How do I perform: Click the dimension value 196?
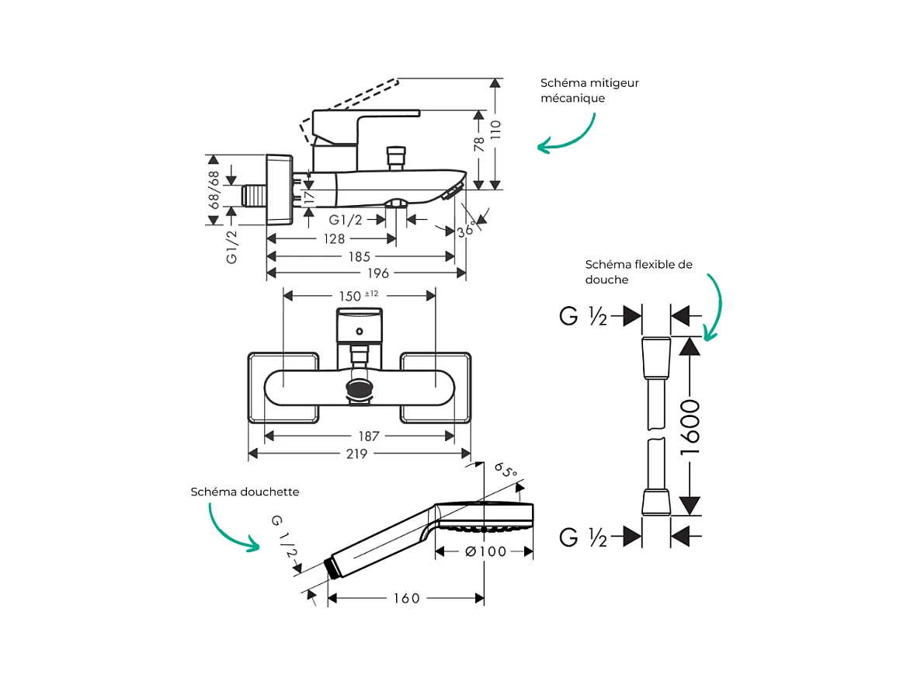(379, 273)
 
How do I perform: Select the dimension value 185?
(359, 256)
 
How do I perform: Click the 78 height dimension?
(479, 144)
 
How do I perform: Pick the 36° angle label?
(466, 229)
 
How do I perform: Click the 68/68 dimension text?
(214, 187)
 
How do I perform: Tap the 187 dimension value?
(358, 436)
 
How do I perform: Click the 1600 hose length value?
(690, 426)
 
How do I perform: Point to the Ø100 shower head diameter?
(485, 551)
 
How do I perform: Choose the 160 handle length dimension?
(405, 598)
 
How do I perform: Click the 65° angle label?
(506, 471)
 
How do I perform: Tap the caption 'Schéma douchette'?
(245, 492)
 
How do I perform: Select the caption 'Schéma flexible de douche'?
(638, 272)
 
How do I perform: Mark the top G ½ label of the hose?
(583, 316)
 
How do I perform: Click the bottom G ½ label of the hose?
(583, 537)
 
